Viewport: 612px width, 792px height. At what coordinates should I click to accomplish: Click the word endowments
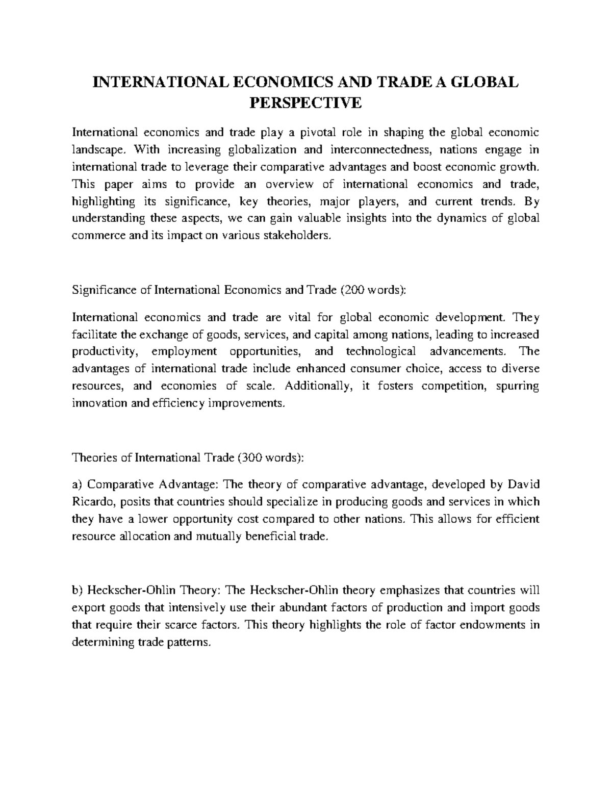click(x=492, y=625)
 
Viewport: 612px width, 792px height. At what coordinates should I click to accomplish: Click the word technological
click(x=380, y=351)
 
